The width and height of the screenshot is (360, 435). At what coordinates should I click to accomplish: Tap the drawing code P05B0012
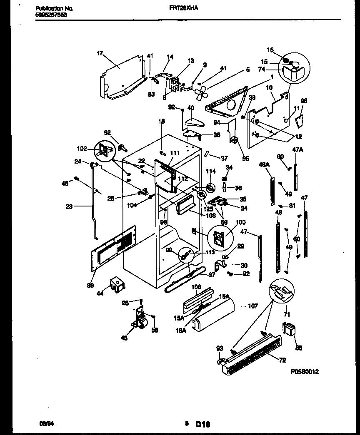[305, 372]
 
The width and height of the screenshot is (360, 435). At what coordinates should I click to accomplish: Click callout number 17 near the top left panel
[100, 53]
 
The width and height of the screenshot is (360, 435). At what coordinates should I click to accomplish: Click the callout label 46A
[265, 164]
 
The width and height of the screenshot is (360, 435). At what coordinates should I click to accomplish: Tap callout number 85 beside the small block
[299, 348]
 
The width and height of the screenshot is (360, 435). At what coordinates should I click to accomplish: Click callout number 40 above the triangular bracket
[191, 108]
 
